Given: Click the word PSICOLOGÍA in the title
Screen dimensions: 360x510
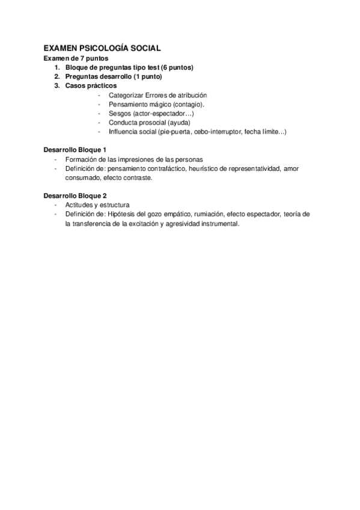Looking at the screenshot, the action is pyautogui.click(x=103, y=48).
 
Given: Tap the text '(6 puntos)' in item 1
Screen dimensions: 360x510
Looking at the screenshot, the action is pyautogui.click(x=177, y=68).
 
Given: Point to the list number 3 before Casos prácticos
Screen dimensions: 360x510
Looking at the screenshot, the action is pyautogui.click(x=56, y=86).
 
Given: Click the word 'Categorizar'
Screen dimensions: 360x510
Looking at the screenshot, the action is pyautogui.click(x=126, y=95).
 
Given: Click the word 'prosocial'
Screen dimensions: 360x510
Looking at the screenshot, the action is pyautogui.click(x=151, y=122).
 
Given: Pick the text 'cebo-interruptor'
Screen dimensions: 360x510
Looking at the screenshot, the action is pyautogui.click(x=215, y=131).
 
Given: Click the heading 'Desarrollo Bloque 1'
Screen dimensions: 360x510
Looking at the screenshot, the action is pyautogui.click(x=75, y=149).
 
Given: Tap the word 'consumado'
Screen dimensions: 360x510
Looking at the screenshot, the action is pyautogui.click(x=83, y=178).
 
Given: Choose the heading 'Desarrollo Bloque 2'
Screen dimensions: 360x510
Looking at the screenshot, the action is pyautogui.click(x=75, y=196).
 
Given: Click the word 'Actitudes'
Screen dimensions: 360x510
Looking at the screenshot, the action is pyautogui.click(x=79, y=205).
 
